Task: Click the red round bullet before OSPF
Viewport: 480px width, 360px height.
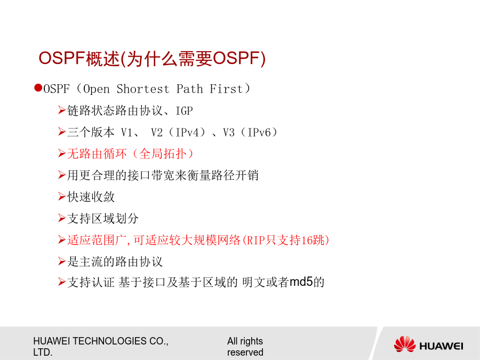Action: point(38,88)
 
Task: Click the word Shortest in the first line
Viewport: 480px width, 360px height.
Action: point(142,89)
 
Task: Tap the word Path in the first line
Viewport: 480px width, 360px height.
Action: point(189,89)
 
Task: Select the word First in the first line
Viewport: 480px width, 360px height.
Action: point(226,89)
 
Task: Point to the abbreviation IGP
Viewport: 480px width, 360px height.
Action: point(185,111)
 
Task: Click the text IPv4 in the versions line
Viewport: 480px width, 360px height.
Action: point(187,133)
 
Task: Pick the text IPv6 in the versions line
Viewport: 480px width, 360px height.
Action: point(259,133)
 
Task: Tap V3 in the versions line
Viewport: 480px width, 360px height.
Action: point(229,133)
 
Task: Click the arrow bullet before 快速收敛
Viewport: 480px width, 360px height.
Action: point(62,196)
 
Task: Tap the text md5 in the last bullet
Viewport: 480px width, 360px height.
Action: point(301,282)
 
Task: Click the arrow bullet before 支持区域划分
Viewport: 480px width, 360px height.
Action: point(62,218)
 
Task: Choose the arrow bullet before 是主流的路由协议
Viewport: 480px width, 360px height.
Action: point(62,261)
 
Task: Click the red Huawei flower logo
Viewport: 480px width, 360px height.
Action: point(405,344)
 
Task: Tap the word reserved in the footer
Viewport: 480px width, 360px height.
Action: point(245,353)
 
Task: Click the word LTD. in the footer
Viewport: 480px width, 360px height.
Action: point(43,353)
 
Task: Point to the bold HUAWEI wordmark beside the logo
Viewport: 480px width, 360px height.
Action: point(441,346)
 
